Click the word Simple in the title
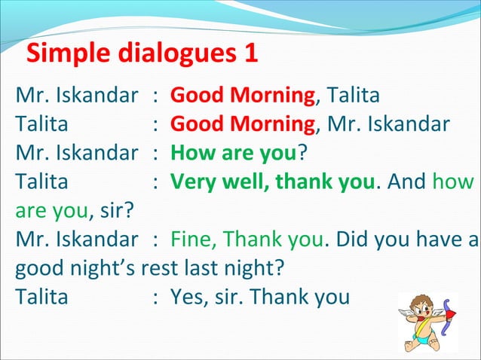64,53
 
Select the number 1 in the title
251,53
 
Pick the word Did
352,239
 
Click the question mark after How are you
302,154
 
